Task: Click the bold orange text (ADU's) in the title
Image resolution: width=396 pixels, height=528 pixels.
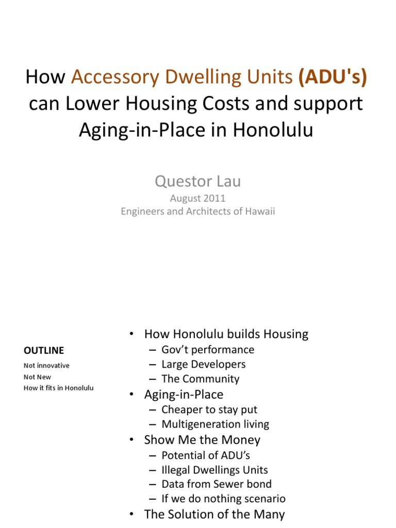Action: click(x=334, y=77)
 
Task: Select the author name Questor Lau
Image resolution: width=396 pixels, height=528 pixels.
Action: click(x=198, y=181)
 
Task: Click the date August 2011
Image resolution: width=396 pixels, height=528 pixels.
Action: click(x=198, y=199)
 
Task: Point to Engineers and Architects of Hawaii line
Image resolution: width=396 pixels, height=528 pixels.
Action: click(x=198, y=211)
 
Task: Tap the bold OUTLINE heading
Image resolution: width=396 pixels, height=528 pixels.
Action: click(x=44, y=351)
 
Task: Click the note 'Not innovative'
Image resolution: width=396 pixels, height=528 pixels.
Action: click(x=46, y=366)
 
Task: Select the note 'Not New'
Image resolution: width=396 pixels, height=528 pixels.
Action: click(x=37, y=377)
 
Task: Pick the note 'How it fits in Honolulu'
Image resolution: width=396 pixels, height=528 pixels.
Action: click(x=59, y=388)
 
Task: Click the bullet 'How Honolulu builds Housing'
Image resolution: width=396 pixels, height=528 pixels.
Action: click(x=226, y=334)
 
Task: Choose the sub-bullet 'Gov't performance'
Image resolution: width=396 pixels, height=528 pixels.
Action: click(x=208, y=350)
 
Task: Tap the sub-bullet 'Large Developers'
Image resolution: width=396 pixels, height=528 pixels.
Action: click(x=203, y=365)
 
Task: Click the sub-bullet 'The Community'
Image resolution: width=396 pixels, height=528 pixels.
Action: click(x=200, y=379)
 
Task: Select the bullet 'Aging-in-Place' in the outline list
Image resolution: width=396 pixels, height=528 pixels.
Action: click(x=184, y=395)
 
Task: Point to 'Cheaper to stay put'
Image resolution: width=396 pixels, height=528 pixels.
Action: click(x=209, y=410)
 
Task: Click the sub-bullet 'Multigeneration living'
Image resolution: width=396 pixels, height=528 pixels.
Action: click(x=215, y=424)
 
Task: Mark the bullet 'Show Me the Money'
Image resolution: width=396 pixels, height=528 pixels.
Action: click(x=202, y=440)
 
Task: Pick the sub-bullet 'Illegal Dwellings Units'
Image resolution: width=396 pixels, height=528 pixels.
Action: click(x=214, y=470)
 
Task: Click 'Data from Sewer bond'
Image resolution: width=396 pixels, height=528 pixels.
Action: click(x=216, y=484)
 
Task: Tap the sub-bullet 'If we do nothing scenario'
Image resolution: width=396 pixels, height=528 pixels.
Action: click(x=223, y=499)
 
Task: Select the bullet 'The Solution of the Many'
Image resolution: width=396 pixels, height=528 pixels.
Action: click(x=214, y=514)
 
